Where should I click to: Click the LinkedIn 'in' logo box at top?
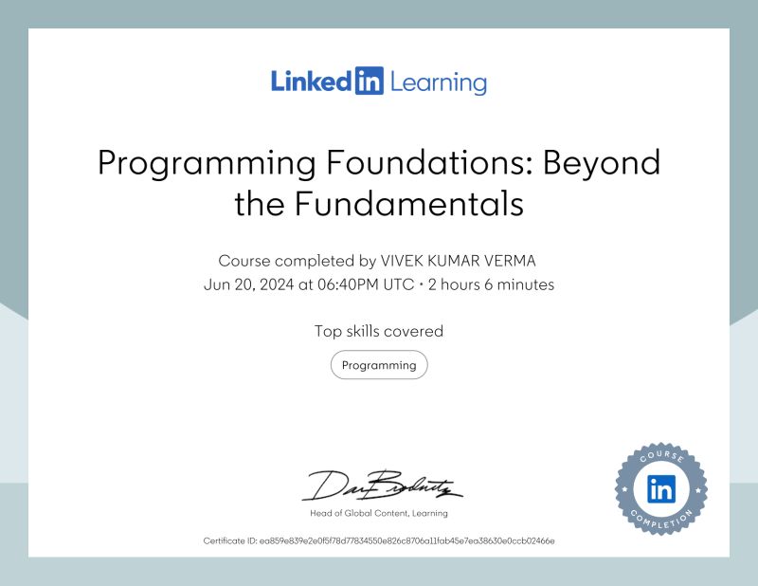(x=370, y=82)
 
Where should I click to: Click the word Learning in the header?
(x=438, y=82)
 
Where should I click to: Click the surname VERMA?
(x=510, y=260)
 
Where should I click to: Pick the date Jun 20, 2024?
(x=249, y=284)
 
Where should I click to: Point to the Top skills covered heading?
(x=379, y=331)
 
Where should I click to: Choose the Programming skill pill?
(x=379, y=365)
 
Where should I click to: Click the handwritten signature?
(x=379, y=485)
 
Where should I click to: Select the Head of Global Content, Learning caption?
(x=379, y=513)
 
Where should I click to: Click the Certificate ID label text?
(x=230, y=540)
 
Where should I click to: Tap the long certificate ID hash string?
(x=406, y=540)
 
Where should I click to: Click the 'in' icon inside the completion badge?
(x=660, y=489)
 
